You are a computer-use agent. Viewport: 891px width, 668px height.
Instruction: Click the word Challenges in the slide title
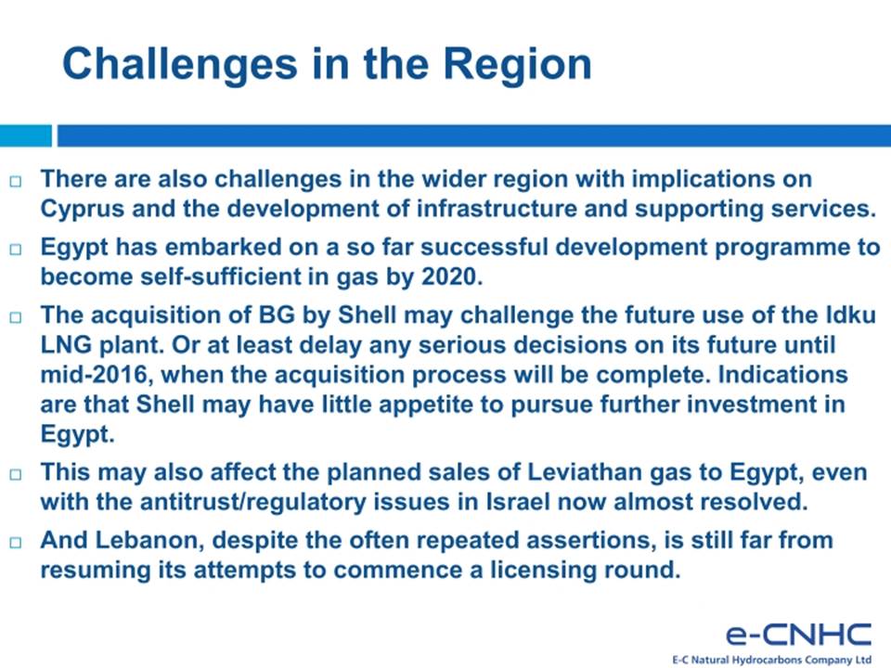click(179, 64)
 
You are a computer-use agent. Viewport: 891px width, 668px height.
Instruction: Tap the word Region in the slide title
click(517, 64)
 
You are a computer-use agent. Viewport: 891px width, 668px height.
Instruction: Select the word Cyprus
click(83, 209)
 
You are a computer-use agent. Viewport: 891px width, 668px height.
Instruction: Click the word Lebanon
click(150, 540)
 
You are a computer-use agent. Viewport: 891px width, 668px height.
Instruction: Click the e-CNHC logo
click(798, 642)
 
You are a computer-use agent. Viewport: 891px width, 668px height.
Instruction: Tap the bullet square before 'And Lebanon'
click(16, 543)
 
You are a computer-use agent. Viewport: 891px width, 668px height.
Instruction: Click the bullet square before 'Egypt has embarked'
click(16, 250)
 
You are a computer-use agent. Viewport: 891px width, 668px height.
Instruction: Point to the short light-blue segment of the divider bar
click(26, 135)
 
